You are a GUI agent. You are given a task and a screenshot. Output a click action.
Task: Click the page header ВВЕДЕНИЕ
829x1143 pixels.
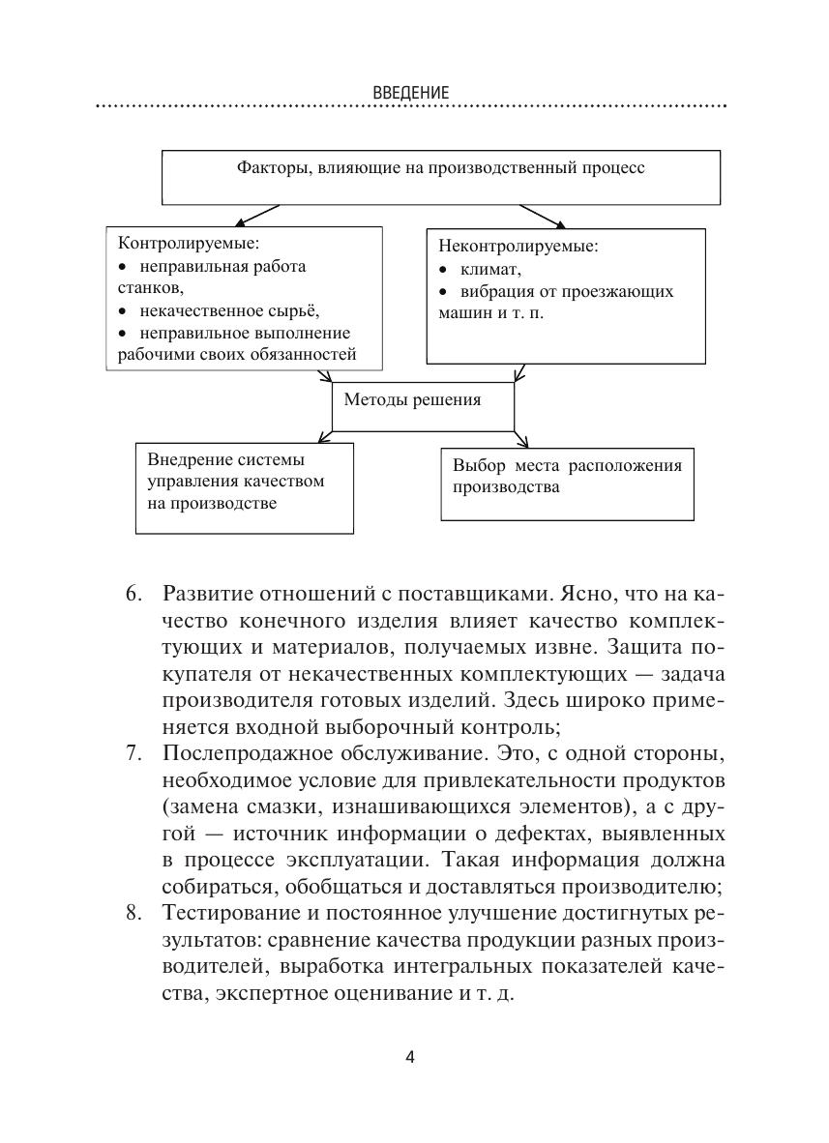[410, 93]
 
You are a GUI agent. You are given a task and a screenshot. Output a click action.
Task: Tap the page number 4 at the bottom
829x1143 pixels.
[410, 1056]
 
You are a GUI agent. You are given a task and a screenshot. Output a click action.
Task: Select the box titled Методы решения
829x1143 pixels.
[422, 406]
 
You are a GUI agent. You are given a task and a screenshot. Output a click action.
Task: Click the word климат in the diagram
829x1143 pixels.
[491, 269]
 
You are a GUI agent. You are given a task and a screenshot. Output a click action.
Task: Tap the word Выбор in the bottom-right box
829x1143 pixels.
[478, 466]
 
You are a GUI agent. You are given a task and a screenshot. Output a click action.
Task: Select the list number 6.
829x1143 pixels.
[133, 593]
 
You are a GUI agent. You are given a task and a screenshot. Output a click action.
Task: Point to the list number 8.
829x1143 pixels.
[133, 912]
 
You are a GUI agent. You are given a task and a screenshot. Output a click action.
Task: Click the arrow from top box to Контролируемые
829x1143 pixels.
[257, 214]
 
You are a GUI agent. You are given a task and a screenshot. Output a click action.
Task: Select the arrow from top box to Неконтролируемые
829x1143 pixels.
[544, 215]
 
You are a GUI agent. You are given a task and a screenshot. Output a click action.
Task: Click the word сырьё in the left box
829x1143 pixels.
[295, 311]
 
